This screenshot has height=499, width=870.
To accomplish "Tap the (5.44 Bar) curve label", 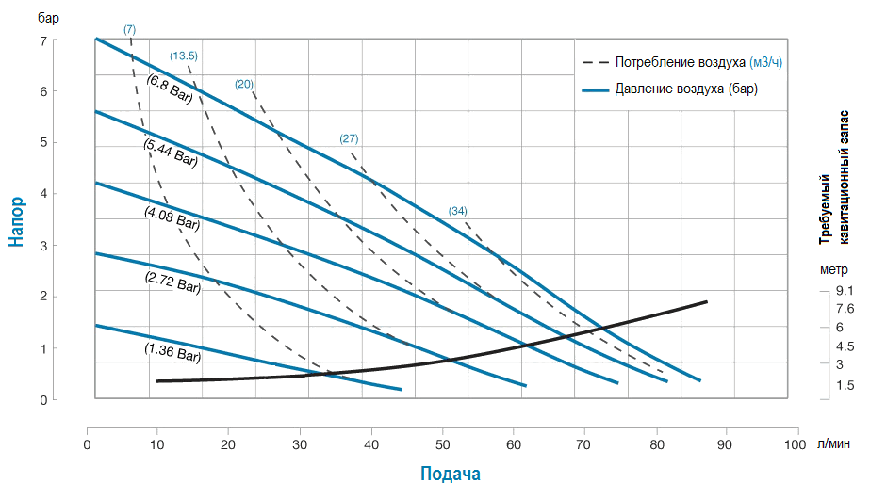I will pyautogui.click(x=170, y=153).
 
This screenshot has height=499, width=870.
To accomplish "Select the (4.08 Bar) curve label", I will pyautogui.click(x=172, y=218).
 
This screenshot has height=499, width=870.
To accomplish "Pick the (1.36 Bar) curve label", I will pyautogui.click(x=172, y=354).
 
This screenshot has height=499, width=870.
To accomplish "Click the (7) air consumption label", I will pyautogui.click(x=130, y=29).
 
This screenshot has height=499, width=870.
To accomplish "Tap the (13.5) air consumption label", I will pyautogui.click(x=184, y=56).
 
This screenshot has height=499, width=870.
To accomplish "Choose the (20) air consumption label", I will pyautogui.click(x=244, y=85).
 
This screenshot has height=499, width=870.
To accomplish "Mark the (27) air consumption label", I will pyautogui.click(x=349, y=138).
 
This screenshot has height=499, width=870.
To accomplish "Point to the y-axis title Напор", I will pyautogui.click(x=17, y=221).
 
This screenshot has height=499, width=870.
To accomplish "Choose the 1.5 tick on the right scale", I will pyautogui.click(x=845, y=385).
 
